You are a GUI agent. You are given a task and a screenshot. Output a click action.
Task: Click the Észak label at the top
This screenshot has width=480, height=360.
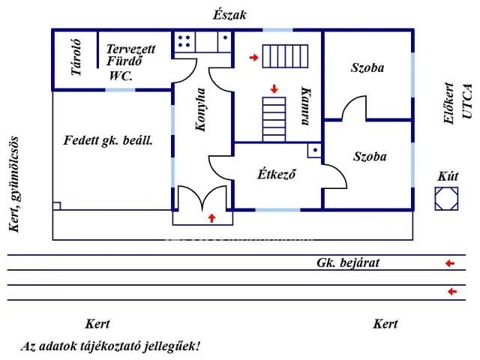[229, 14]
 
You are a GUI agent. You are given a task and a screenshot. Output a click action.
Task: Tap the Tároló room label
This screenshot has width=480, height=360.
[76, 58]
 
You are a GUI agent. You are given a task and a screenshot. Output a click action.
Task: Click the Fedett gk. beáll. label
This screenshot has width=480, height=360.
[109, 139]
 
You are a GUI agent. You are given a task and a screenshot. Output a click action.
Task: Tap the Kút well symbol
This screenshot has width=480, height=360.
[447, 199]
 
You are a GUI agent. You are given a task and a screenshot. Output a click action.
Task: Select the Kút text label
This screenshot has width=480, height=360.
[447, 178]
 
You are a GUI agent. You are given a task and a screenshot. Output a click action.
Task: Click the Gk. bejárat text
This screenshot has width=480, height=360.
[348, 262]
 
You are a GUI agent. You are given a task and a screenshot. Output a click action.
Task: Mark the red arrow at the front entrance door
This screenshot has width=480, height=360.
[211, 217]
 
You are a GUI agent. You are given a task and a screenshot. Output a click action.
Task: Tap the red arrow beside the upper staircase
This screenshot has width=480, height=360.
[254, 57]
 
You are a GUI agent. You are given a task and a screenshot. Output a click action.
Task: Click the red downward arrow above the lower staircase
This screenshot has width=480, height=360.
[274, 88]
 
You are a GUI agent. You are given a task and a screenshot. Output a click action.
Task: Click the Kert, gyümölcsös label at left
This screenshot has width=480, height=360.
[13, 184]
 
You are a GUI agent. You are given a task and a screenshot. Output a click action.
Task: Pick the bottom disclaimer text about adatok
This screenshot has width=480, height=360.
[110, 346]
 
